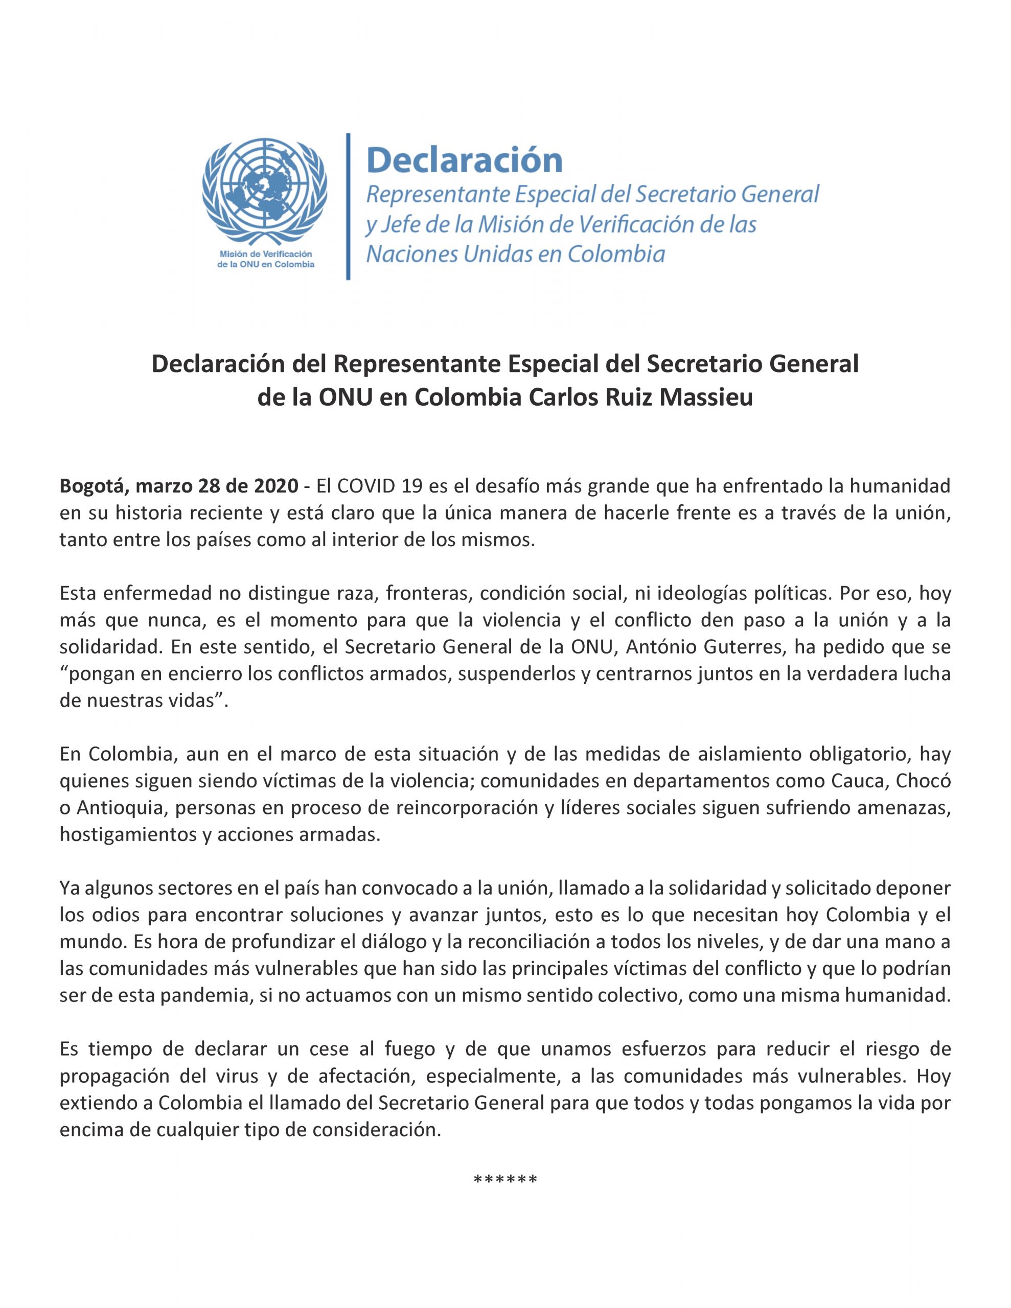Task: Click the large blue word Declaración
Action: coord(465,160)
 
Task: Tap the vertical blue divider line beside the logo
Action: coord(348,206)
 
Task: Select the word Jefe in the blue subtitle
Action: coord(397,225)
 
